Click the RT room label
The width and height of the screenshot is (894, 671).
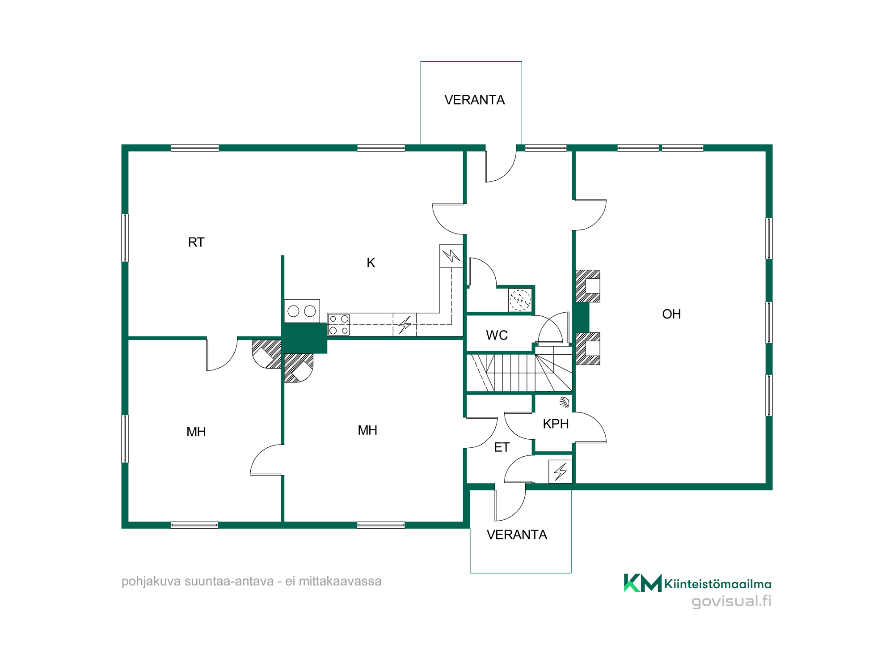click(196, 242)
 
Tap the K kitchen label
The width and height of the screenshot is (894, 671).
click(371, 263)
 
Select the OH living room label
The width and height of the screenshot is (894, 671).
click(671, 314)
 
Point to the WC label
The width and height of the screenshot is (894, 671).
click(497, 335)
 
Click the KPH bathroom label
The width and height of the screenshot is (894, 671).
click(556, 424)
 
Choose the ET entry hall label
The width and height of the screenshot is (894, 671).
click(502, 447)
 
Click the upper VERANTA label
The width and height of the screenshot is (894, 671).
click(474, 100)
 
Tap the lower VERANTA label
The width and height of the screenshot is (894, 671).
click(517, 535)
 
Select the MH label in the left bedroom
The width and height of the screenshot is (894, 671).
click(196, 432)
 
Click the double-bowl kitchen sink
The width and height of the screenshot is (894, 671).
click(302, 311)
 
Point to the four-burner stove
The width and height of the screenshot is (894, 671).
click(339, 325)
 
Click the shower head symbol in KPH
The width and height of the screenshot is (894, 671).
click(565, 402)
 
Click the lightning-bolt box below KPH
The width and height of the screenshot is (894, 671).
click(560, 471)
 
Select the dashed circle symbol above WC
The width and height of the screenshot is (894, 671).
click(520, 300)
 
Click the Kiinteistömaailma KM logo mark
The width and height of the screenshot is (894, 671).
click(642, 583)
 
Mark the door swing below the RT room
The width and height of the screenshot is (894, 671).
click(222, 354)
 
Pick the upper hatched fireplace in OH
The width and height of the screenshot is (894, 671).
click(587, 286)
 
